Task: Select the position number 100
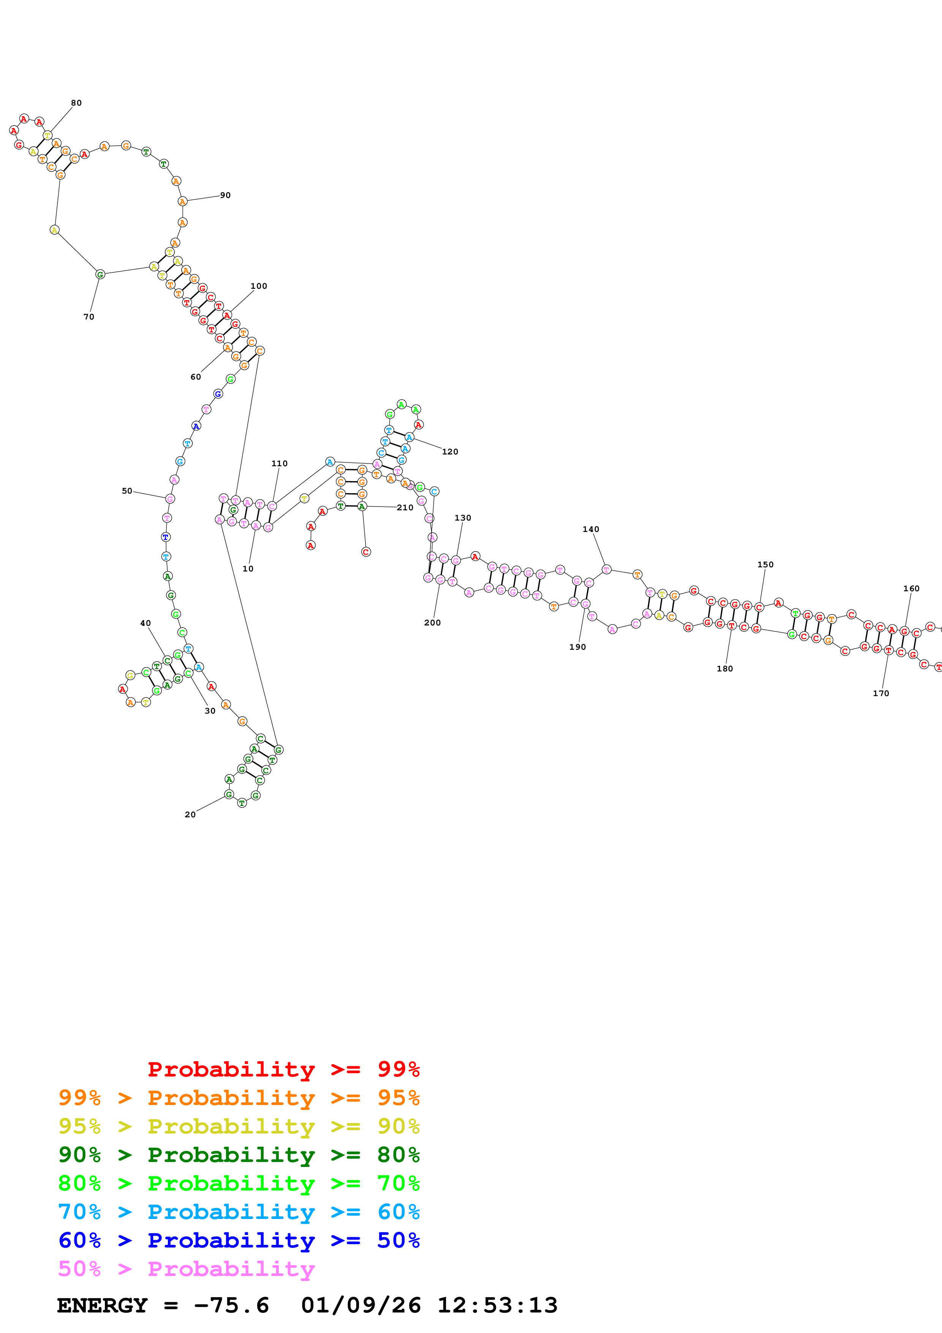[259, 286]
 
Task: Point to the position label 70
[89, 317]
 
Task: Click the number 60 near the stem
[196, 377]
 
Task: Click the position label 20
[190, 815]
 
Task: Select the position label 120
[450, 452]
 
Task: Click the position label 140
[591, 529]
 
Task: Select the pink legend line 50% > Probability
[186, 1270]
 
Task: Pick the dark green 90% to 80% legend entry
[239, 1155]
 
